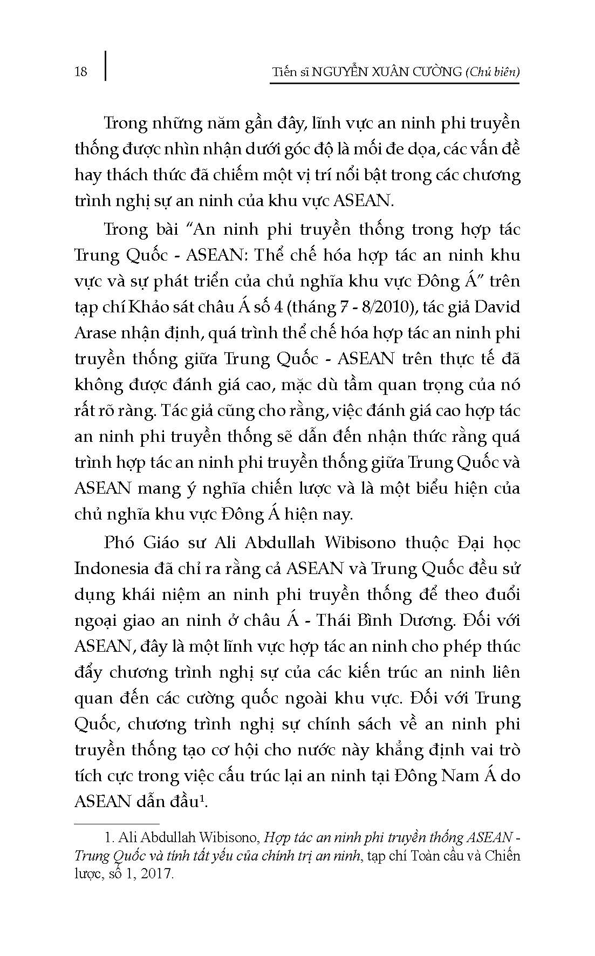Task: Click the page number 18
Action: coord(80,71)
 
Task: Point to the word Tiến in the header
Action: coord(284,71)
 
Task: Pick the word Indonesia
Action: coord(111,568)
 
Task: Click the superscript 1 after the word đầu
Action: coord(202,798)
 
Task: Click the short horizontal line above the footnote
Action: coord(117,824)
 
